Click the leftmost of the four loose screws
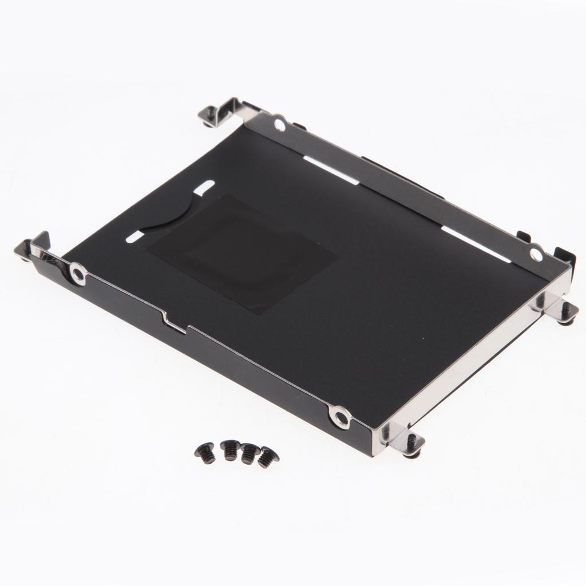207,454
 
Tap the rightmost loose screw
267,458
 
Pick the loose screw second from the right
249,453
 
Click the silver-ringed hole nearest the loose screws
340,415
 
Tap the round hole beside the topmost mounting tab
279,123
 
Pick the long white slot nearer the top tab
331,170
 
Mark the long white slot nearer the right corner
475,244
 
